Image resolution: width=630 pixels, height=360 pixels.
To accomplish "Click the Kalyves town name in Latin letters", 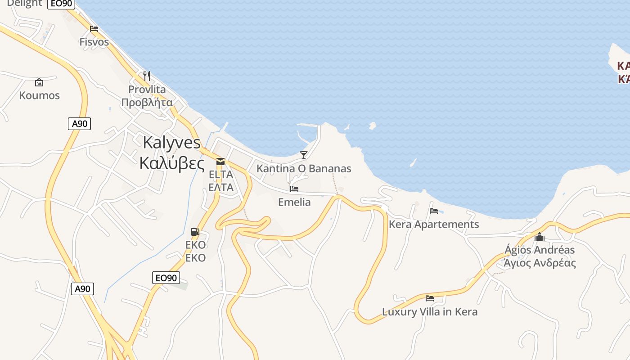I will pyautogui.click(x=171, y=142).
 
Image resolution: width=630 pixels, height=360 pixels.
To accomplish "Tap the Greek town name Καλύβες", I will pyautogui.click(x=172, y=162).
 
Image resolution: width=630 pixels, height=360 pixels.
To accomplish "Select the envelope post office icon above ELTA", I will pyautogui.click(x=220, y=161).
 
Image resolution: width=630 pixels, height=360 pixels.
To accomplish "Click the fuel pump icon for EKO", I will pyautogui.click(x=195, y=232).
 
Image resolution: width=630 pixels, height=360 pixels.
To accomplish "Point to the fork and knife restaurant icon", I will pyautogui.click(x=146, y=76).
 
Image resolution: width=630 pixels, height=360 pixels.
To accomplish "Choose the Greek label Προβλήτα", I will pyautogui.click(x=147, y=102).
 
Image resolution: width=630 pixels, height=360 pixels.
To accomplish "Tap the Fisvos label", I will pyautogui.click(x=94, y=42).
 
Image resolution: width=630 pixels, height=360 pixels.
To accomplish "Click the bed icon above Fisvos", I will pyautogui.click(x=94, y=29).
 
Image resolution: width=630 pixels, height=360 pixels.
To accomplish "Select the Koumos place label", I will pyautogui.click(x=39, y=95).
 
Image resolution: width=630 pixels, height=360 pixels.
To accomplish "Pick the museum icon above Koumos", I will pyautogui.click(x=39, y=82).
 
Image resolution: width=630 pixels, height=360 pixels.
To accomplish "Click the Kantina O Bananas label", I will pyautogui.click(x=304, y=169).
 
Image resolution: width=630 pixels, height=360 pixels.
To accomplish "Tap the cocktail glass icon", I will pyautogui.click(x=304, y=155).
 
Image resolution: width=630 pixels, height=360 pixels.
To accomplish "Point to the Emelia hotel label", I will pyautogui.click(x=294, y=202).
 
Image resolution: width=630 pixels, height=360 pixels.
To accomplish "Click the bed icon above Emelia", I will pyautogui.click(x=294, y=189).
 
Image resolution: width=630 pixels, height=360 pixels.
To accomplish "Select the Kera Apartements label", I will pyautogui.click(x=434, y=224).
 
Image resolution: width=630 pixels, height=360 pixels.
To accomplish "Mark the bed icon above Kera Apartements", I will pyautogui.click(x=434, y=211).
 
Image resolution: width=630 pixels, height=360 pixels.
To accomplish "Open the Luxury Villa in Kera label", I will pyautogui.click(x=430, y=311).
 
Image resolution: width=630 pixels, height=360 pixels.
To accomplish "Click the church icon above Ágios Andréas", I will pyautogui.click(x=540, y=237).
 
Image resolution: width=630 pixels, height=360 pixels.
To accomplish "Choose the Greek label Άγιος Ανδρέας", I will pyautogui.click(x=540, y=263).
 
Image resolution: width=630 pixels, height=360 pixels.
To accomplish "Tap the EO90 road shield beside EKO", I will pyautogui.click(x=166, y=278).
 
